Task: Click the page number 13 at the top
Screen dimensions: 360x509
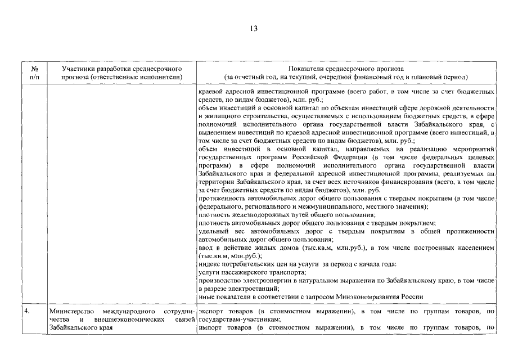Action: pyautogui.click(x=254, y=29)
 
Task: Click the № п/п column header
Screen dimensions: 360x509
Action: pyautogui.click(x=34, y=72)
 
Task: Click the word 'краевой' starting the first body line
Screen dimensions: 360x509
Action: pyautogui.click(x=210, y=91)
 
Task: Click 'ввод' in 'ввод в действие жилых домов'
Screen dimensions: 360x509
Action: pyautogui.click(x=206, y=247)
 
